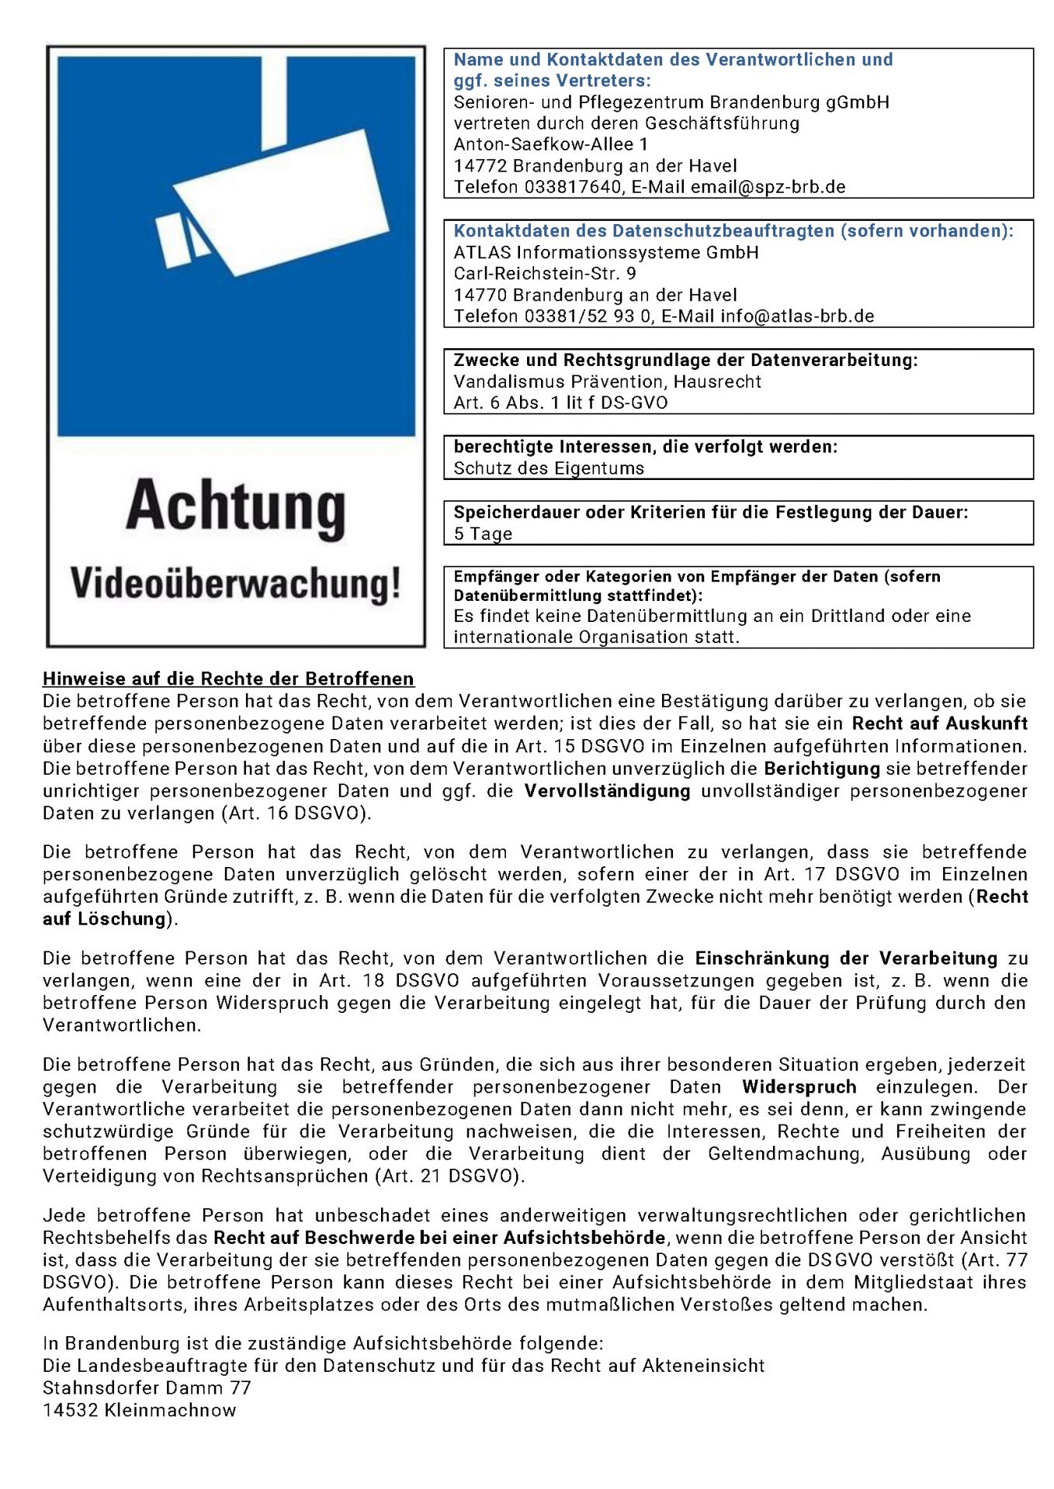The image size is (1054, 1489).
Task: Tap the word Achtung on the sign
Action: [x=236, y=507]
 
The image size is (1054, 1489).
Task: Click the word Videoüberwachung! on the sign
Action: [x=236, y=583]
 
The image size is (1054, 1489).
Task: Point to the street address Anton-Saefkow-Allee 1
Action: [x=550, y=144]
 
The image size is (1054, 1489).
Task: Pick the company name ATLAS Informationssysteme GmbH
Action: [x=606, y=253]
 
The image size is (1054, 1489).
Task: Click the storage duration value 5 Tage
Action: [x=483, y=534]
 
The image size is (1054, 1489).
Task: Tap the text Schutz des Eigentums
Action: [x=549, y=468]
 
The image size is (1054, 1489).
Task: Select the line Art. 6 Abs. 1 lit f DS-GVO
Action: [x=560, y=402]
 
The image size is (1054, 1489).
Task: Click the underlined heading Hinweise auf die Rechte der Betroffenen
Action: [x=228, y=679]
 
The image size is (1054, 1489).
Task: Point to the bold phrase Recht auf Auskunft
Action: [x=939, y=724]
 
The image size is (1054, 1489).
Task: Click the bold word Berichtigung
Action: [x=822, y=769]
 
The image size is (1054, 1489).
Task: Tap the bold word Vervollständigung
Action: [x=607, y=791]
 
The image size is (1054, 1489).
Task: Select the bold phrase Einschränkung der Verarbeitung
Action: [x=846, y=959]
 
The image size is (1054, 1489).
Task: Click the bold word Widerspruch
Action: [x=799, y=1087]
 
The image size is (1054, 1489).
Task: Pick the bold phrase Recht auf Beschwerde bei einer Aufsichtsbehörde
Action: [x=439, y=1238]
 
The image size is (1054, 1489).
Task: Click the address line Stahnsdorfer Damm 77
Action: [x=147, y=1388]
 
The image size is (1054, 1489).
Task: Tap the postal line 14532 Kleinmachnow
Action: [x=139, y=1411]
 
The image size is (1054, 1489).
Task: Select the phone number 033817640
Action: [x=573, y=187]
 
